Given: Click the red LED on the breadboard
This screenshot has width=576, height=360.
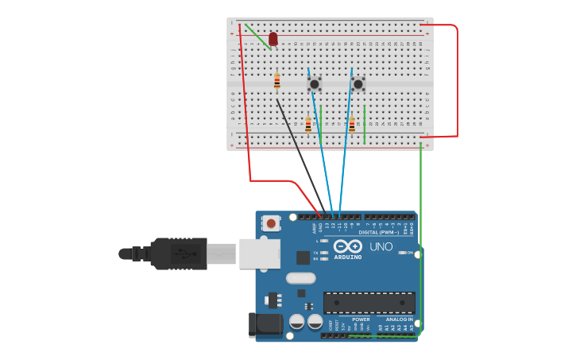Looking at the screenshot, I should click(273, 39).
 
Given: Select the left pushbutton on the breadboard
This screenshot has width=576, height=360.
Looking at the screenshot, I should click(315, 83).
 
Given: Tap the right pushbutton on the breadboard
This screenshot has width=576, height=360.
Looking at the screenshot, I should click(358, 83).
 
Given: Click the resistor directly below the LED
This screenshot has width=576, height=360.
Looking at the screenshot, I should click(276, 81).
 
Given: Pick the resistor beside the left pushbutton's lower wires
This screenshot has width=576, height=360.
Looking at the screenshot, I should click(308, 125).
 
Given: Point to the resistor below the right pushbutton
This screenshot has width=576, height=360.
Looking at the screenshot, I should click(351, 125).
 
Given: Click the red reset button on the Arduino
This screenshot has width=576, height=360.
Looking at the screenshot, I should click(272, 223).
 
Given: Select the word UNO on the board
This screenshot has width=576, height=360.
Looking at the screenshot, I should click(381, 247).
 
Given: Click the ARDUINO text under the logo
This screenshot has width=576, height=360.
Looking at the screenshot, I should click(348, 257).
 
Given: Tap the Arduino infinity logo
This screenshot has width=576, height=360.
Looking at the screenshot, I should click(348, 246).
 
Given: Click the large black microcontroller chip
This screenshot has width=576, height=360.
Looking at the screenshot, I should click(369, 302).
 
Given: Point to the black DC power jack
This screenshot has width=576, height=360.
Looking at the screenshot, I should click(265, 324).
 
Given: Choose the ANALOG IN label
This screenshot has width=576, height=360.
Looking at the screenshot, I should click(400, 319).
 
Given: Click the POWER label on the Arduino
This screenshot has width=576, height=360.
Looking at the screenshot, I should click(361, 319).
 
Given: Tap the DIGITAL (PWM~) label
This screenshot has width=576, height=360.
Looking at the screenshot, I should click(379, 233).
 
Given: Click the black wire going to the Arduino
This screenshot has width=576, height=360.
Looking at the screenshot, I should click(302, 156).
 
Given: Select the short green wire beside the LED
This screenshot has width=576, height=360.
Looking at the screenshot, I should click(257, 35).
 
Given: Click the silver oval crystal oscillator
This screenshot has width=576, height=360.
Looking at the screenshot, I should click(301, 278).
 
